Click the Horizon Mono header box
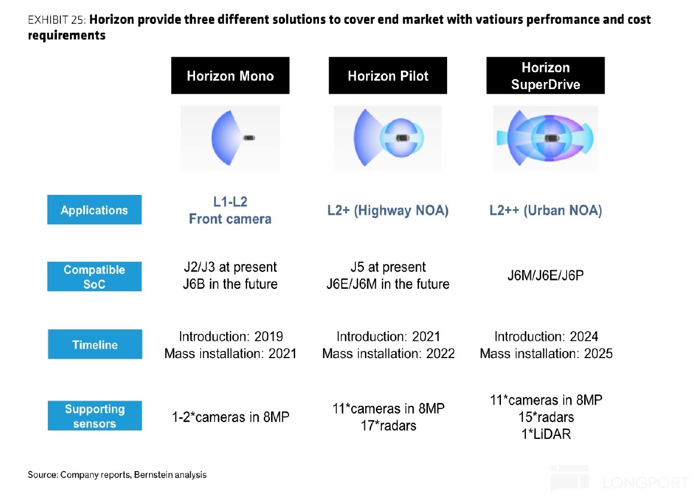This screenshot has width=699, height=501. [x=230, y=76]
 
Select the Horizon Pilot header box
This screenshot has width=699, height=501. [x=388, y=76]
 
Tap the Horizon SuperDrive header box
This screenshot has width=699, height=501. [x=545, y=76]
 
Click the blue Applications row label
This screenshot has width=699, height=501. [x=95, y=210]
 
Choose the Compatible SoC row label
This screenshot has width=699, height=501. [x=95, y=277]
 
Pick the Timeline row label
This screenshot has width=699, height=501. [x=95, y=344]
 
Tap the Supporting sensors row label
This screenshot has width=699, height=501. [x=95, y=416]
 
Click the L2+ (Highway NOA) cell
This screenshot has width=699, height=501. [x=388, y=210]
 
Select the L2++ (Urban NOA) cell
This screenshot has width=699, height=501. [x=545, y=210]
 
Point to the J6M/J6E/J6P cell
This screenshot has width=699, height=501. [x=545, y=276]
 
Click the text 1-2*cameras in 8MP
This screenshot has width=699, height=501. [x=230, y=417]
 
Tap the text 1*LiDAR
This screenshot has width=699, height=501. [x=546, y=434]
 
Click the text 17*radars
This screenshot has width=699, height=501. [x=388, y=426]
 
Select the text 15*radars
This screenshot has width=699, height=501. [x=546, y=417]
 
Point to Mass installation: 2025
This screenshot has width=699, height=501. [x=546, y=353]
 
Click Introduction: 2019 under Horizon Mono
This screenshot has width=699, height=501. [x=230, y=337]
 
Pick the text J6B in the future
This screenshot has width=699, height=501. [x=230, y=284]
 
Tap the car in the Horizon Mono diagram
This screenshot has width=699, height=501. [x=249, y=138]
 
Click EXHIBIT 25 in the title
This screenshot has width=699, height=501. [x=57, y=20]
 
